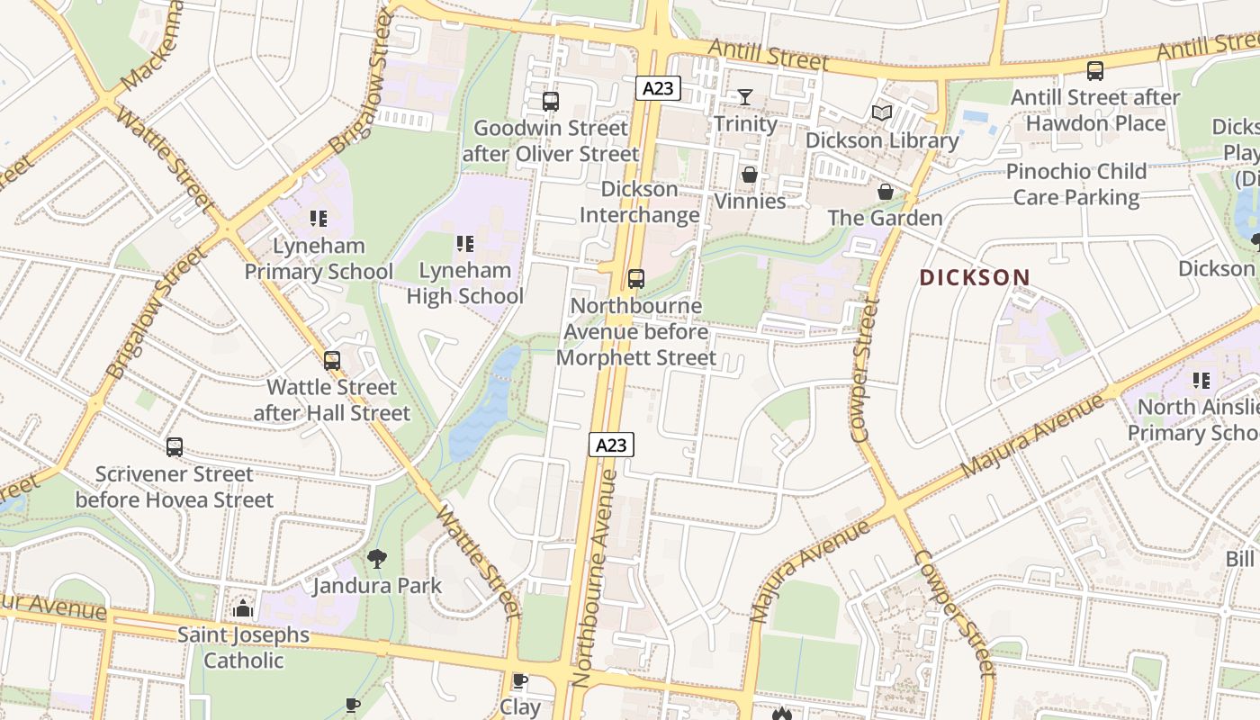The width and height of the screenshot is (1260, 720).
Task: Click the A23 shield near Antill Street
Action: pyautogui.click(x=658, y=88)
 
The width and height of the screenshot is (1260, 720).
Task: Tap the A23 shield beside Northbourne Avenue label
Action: pyautogui.click(x=611, y=445)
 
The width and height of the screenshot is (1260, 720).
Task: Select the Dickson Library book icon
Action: pyautogui.click(x=881, y=113)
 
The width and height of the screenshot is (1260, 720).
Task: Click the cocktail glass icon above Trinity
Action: pyautogui.click(x=745, y=97)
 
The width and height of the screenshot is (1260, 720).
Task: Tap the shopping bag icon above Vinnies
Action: pyautogui.click(x=749, y=175)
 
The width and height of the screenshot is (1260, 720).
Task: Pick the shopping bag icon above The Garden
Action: pyautogui.click(x=885, y=192)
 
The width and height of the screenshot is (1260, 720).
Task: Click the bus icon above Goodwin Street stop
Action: pyautogui.click(x=551, y=102)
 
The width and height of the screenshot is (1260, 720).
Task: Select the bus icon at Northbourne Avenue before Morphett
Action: pyautogui.click(x=636, y=279)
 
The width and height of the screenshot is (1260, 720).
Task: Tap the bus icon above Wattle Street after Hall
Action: pyautogui.click(x=332, y=361)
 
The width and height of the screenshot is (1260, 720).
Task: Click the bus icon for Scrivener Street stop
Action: pyautogui.click(x=175, y=447)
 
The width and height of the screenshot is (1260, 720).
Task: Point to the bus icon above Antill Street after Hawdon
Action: pyautogui.click(x=1095, y=70)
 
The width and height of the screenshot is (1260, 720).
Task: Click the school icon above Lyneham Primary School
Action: pyautogui.click(x=318, y=219)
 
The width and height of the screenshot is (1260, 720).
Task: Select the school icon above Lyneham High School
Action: pyautogui.click(x=464, y=243)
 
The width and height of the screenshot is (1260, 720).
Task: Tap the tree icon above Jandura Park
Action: pyautogui.click(x=377, y=559)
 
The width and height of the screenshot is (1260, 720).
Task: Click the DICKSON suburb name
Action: pyautogui.click(x=975, y=277)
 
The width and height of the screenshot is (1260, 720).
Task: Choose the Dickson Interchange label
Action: pyautogui.click(x=639, y=202)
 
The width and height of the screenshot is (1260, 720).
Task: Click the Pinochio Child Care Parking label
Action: pyautogui.click(x=1076, y=184)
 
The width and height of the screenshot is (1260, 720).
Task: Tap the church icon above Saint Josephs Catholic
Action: pyautogui.click(x=242, y=609)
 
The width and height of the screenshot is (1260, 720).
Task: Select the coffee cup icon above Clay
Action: pyautogui.click(x=519, y=681)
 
